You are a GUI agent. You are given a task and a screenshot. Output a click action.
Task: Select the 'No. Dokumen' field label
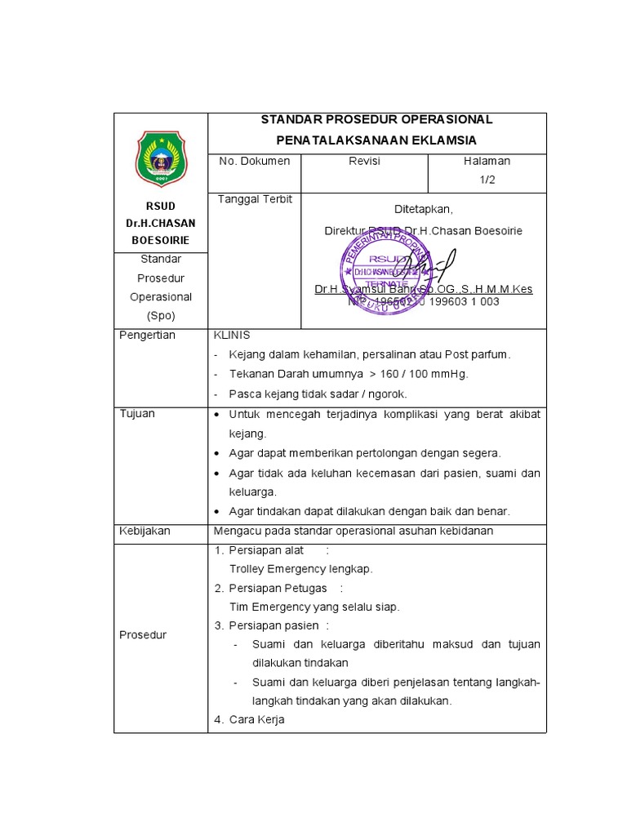click(x=255, y=162)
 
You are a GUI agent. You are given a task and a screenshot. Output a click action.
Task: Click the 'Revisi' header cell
click(x=364, y=162)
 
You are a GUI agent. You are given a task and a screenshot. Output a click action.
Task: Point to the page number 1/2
click(x=487, y=180)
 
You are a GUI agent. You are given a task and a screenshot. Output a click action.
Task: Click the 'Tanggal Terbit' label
click(x=255, y=199)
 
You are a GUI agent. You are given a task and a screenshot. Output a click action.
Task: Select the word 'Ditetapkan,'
click(x=423, y=209)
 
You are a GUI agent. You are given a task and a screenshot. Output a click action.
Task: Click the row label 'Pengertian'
click(x=147, y=336)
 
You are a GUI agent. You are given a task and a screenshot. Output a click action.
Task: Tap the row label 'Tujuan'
click(x=137, y=414)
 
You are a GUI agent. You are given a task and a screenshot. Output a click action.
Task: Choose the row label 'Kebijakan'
click(x=145, y=531)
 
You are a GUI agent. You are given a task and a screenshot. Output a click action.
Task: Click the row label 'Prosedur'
click(x=143, y=634)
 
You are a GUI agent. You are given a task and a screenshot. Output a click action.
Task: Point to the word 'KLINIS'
click(x=232, y=336)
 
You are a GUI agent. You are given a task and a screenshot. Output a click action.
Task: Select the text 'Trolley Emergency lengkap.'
click(x=301, y=569)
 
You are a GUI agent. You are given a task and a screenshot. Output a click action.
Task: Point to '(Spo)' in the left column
click(x=161, y=315)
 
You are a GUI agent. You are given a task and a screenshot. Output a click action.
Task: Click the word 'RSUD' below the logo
click(x=161, y=206)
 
